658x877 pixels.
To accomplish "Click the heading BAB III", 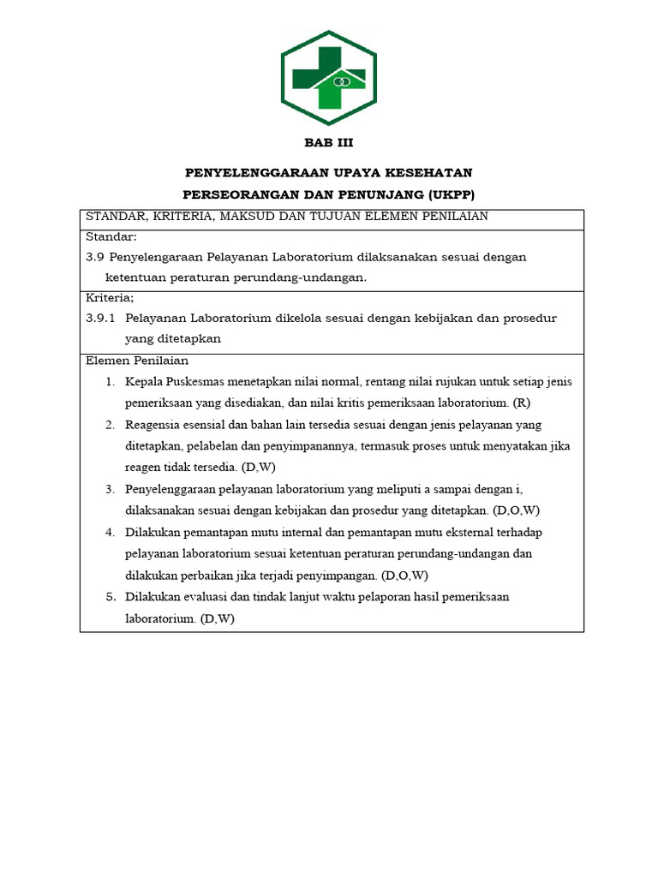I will [x=329, y=143].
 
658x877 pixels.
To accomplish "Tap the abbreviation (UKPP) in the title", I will [x=445, y=194].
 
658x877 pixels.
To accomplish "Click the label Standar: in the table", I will [x=111, y=236].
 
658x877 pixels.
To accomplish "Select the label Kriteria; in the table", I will [x=110, y=298].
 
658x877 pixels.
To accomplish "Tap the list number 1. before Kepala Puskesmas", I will [x=111, y=381].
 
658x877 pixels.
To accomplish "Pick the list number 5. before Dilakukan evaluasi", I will [x=111, y=597].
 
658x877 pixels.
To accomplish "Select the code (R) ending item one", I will [x=523, y=403].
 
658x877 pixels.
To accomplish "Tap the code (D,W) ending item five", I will [x=218, y=618].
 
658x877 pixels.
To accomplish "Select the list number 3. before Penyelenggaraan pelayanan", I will [x=111, y=489].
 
